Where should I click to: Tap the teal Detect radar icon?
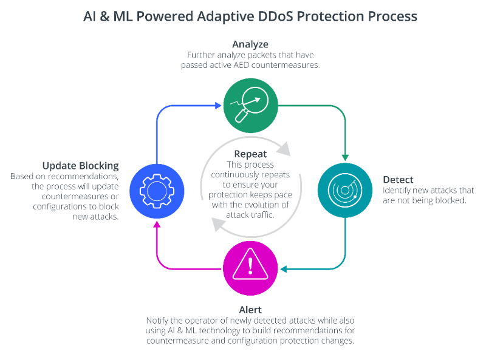click(x=344, y=190)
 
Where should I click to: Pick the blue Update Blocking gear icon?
click(x=157, y=190)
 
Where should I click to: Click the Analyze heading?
click(x=250, y=44)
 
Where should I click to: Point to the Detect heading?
click(x=398, y=180)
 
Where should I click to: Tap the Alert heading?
click(x=250, y=310)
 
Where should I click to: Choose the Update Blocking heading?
click(x=80, y=166)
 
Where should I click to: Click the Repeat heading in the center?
click(x=250, y=154)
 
